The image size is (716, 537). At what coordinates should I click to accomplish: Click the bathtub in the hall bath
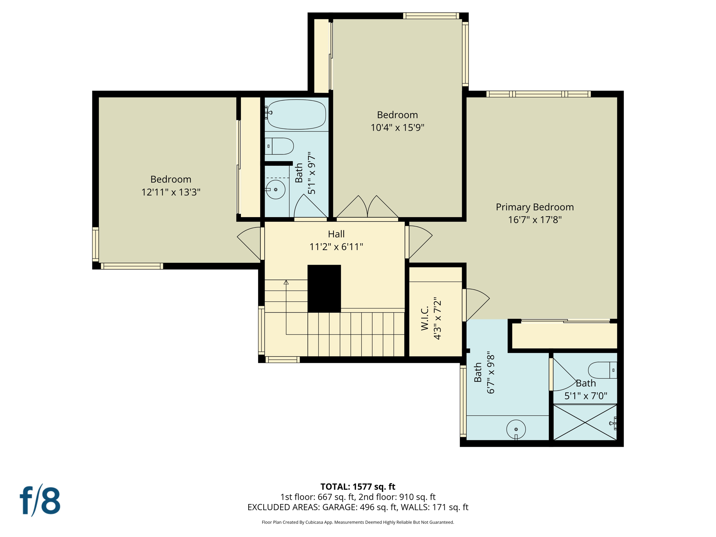pos(296,114)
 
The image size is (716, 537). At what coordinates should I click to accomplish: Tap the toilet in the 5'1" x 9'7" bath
pos(280,146)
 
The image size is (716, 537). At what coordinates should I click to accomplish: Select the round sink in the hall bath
pos(275,189)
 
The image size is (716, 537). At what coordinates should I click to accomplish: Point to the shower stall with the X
pos(585,423)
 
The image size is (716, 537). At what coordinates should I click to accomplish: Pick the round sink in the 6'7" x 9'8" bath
pos(516,429)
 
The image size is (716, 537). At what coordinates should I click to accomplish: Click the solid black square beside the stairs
pos(324,288)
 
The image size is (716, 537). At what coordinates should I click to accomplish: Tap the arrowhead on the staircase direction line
pos(286,282)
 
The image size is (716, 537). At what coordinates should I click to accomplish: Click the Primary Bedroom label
pos(535,207)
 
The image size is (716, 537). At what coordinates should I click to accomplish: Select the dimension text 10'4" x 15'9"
pos(397,128)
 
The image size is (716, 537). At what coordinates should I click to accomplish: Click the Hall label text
pos(336,234)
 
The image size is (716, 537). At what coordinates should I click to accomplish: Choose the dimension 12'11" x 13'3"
pos(171,192)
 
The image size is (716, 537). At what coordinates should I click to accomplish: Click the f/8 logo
pos(40,501)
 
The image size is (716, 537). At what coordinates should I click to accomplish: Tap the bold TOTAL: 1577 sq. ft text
pos(358,487)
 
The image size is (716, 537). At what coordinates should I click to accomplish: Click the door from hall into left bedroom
pos(250,243)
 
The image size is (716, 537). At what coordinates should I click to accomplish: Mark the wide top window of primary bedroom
pos(538,94)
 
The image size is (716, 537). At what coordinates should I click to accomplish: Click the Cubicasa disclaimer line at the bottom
pos(358,522)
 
